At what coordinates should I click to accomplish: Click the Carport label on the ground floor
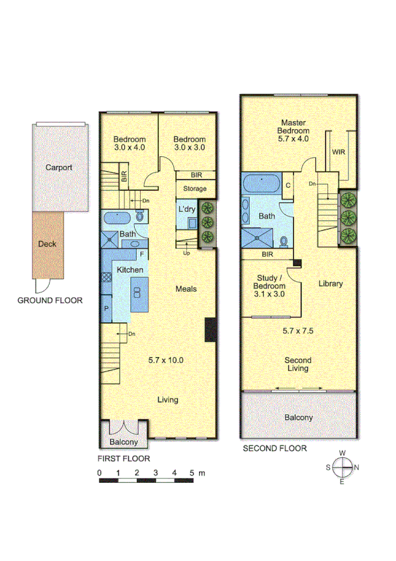coord(59,167)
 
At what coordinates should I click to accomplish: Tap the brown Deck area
coord(47,244)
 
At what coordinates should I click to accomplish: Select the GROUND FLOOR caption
coord(50,300)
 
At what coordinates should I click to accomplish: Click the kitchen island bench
coord(139,295)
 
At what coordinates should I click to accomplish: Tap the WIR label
coord(338,152)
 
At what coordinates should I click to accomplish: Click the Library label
coord(331,284)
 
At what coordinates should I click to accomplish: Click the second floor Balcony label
coord(298,417)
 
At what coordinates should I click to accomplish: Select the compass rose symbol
coord(342,467)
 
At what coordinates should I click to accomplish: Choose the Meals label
coord(186,289)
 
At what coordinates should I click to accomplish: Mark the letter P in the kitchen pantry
coord(106,308)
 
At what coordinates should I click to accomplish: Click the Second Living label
coord(298,365)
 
